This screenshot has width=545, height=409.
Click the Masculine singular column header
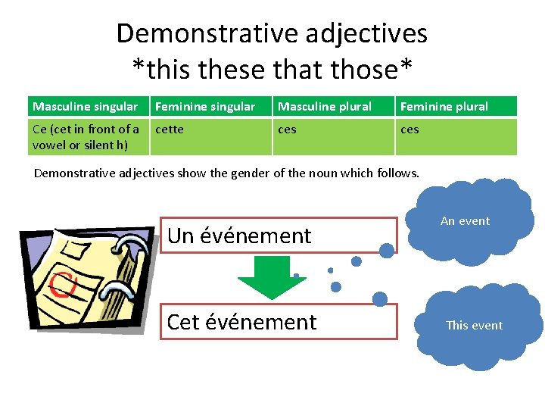tap(86, 107)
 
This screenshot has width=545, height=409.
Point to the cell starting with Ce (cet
tap(86, 136)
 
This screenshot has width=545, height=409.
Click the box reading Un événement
tap(279, 236)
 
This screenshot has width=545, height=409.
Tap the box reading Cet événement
tap(279, 322)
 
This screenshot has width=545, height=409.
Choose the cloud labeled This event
tap(474, 326)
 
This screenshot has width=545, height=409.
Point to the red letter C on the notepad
tap(63, 286)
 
